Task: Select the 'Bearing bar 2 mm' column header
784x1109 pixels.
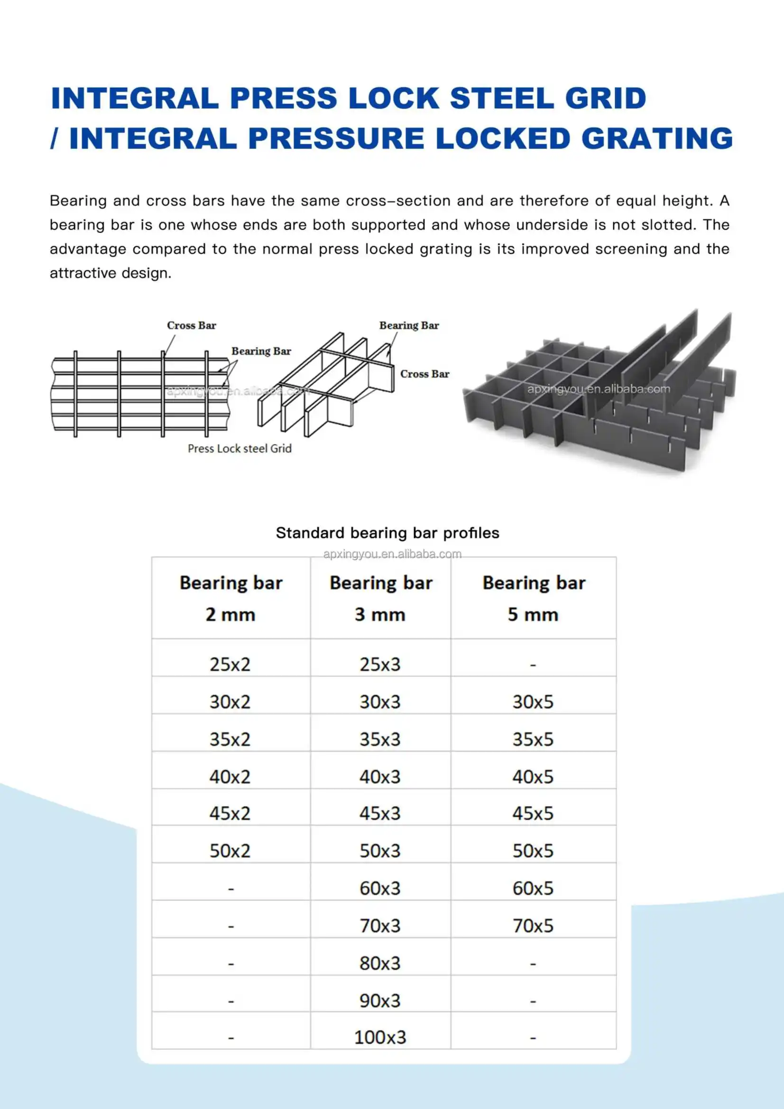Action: pos(231,598)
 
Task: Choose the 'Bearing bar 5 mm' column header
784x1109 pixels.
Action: pos(533,598)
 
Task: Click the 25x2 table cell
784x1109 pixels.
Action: pos(230,665)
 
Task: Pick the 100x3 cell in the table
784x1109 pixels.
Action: pos(380,1037)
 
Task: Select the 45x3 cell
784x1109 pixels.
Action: pos(380,813)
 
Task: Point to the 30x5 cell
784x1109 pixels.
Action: pos(533,702)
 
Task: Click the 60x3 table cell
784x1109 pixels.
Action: pos(380,888)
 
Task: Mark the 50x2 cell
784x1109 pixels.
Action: pos(230,850)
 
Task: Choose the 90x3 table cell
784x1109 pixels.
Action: pos(380,1000)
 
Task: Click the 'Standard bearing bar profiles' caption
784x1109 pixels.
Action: pos(387,533)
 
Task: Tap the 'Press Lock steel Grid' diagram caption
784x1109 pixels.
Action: pos(240,449)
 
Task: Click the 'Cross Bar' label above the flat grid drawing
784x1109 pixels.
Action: pos(191,325)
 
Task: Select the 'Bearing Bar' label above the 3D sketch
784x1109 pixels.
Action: pos(409,325)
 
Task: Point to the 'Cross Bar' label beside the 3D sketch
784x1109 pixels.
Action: pos(424,374)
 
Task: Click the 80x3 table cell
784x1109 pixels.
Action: pos(380,963)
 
